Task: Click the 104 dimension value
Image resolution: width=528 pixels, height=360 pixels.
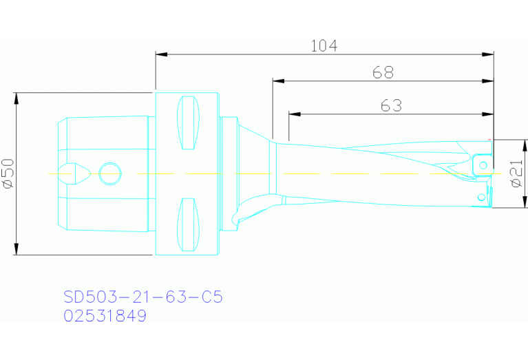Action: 324,46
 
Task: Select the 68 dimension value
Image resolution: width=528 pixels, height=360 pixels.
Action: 383,72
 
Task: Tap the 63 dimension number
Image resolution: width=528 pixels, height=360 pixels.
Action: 391,105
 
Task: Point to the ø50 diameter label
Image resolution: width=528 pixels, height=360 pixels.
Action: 8,173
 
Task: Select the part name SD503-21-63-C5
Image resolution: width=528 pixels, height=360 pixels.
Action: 143,297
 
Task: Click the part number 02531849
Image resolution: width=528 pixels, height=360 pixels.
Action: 105,317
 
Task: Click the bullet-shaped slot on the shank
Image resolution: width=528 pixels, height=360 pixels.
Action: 74,173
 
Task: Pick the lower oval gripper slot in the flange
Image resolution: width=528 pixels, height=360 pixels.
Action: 188,224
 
